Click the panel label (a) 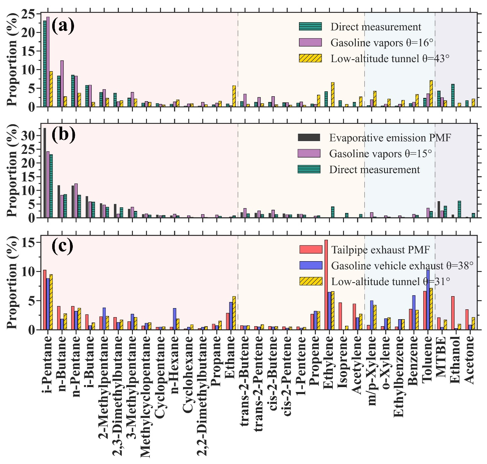tap(63, 26)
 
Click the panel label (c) tap(63, 246)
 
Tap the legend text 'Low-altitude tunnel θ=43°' tap(390, 58)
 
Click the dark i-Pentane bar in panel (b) tap(44, 173)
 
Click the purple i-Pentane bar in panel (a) tap(48, 62)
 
